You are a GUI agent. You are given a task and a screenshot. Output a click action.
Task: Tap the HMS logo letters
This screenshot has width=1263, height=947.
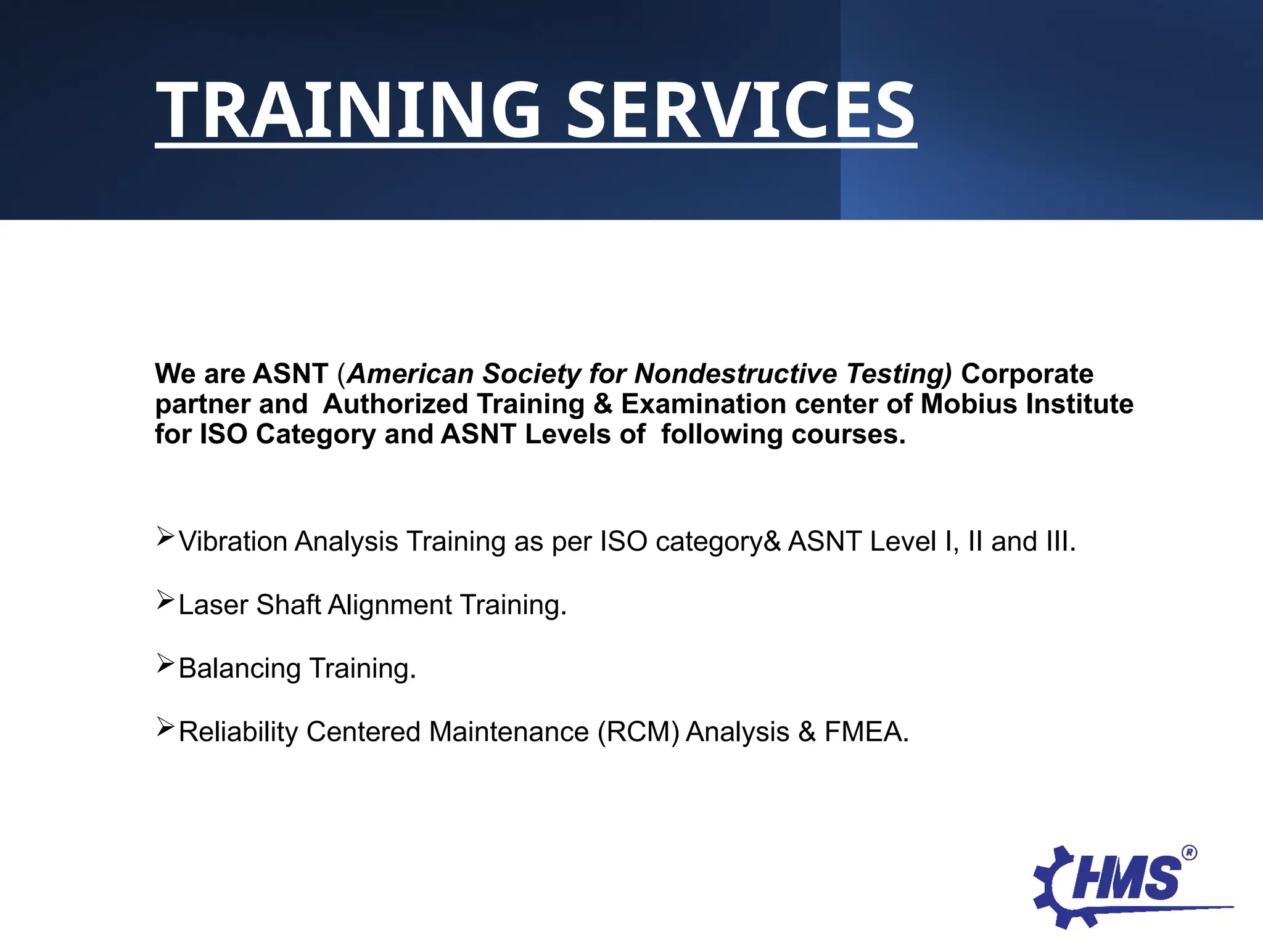1126,879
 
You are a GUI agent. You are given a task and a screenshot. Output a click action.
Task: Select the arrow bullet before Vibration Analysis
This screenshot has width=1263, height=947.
165,536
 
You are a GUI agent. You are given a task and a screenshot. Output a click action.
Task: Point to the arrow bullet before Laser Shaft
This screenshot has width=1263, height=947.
165,600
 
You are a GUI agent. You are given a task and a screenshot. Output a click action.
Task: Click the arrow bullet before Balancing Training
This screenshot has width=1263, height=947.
165,663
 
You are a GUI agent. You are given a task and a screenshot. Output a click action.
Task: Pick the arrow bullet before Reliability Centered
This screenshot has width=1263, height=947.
165,727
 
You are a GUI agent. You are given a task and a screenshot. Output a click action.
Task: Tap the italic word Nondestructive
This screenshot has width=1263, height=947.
736,374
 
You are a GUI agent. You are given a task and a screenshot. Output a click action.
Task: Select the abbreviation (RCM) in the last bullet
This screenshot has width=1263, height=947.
638,732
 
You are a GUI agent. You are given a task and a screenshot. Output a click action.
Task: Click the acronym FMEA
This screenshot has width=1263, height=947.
865,732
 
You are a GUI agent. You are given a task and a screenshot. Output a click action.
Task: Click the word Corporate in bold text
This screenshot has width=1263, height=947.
1027,374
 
